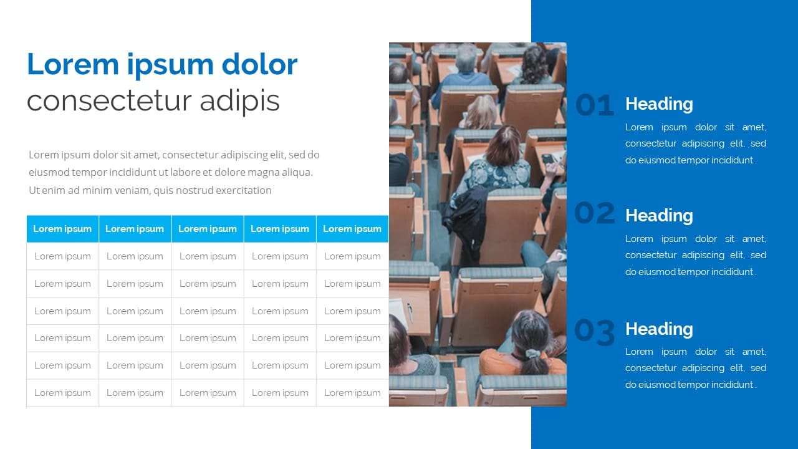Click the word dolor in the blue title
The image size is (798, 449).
click(259, 64)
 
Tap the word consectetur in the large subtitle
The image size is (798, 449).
click(109, 101)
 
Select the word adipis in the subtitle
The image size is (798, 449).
click(240, 102)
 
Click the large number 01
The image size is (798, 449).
click(595, 105)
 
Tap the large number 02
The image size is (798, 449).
click(595, 213)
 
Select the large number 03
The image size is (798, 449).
click(595, 332)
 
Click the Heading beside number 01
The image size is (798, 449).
click(659, 104)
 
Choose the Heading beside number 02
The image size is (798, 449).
click(659, 216)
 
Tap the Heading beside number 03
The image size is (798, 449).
click(659, 329)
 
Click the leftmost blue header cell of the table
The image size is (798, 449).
click(63, 229)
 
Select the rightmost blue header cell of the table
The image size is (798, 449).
click(352, 229)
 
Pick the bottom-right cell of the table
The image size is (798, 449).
click(352, 393)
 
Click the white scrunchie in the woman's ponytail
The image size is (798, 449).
click(532, 354)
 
